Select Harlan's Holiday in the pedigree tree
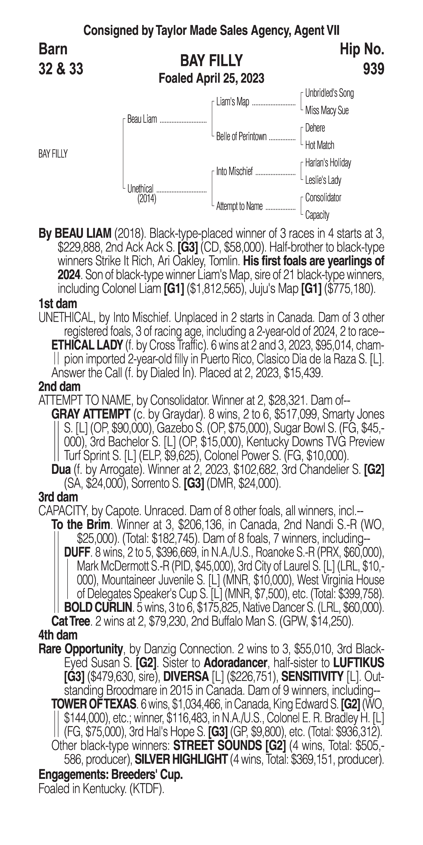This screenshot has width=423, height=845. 328,163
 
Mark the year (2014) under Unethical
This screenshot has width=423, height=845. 147,199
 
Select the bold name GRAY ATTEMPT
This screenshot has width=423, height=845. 90,414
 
